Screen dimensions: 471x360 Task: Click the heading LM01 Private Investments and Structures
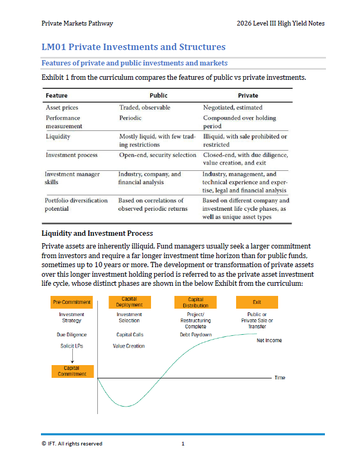pyautogui.click(x=133, y=47)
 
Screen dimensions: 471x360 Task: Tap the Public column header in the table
pyautogui.click(x=158, y=96)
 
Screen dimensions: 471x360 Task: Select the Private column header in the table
pyautogui.click(x=248, y=96)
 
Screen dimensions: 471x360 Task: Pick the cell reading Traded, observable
pyautogui.click(x=145, y=108)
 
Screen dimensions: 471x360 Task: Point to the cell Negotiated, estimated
pyautogui.click(x=232, y=108)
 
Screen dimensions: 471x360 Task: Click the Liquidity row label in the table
pyautogui.click(x=58, y=136)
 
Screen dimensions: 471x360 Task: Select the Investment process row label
pyautogui.click(x=72, y=155)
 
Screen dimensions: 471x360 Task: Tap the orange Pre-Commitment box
pyautogui.click(x=72, y=302)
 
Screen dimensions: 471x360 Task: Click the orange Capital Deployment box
pyautogui.click(x=129, y=302)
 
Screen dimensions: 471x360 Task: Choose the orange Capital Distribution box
pyautogui.click(x=195, y=302)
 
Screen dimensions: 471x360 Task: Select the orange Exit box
pyautogui.click(x=257, y=302)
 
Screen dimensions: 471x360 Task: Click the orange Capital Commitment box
pyautogui.click(x=72, y=371)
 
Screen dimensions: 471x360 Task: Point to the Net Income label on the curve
pyautogui.click(x=269, y=340)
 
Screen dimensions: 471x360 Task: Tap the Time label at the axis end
pyautogui.click(x=280, y=377)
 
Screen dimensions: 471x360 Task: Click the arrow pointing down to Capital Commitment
pyautogui.click(x=72, y=358)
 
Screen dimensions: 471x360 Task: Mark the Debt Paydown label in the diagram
pyautogui.click(x=196, y=335)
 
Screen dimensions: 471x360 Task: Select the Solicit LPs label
pyautogui.click(x=72, y=346)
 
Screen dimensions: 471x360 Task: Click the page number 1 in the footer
pyautogui.click(x=182, y=443)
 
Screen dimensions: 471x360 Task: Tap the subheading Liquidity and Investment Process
pyautogui.click(x=97, y=233)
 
